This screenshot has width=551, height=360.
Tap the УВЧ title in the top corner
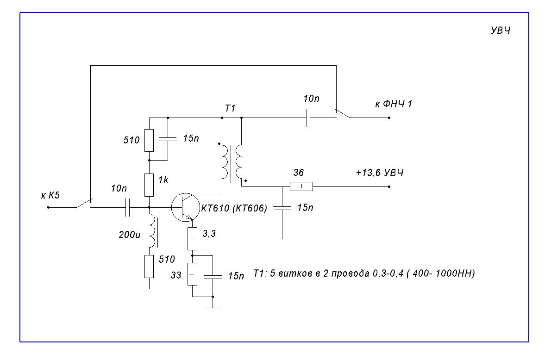501,31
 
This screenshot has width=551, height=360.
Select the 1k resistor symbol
150,185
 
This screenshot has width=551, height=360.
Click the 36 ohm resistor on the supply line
301,186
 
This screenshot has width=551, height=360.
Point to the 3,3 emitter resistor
192,239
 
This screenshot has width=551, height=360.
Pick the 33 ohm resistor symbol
192,274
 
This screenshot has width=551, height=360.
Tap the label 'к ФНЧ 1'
393,104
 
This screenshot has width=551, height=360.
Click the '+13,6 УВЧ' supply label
380,173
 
